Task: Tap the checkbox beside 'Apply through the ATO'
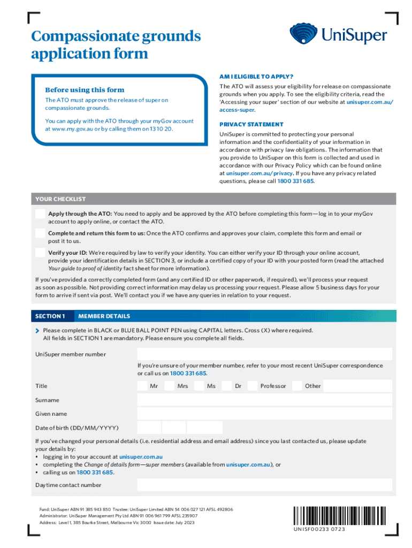click(x=40, y=214)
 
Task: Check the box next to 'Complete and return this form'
click(x=40, y=233)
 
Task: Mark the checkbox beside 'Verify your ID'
click(x=40, y=253)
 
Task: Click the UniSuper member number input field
click(x=264, y=354)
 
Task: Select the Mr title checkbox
click(x=142, y=386)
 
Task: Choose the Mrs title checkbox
click(x=170, y=386)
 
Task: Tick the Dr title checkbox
click(x=227, y=386)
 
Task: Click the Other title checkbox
click(x=297, y=386)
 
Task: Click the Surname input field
click(x=264, y=400)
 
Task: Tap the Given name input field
click(x=264, y=414)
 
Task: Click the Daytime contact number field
click(x=264, y=485)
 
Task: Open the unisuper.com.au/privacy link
click(x=259, y=173)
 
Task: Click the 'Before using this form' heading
click(x=85, y=90)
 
